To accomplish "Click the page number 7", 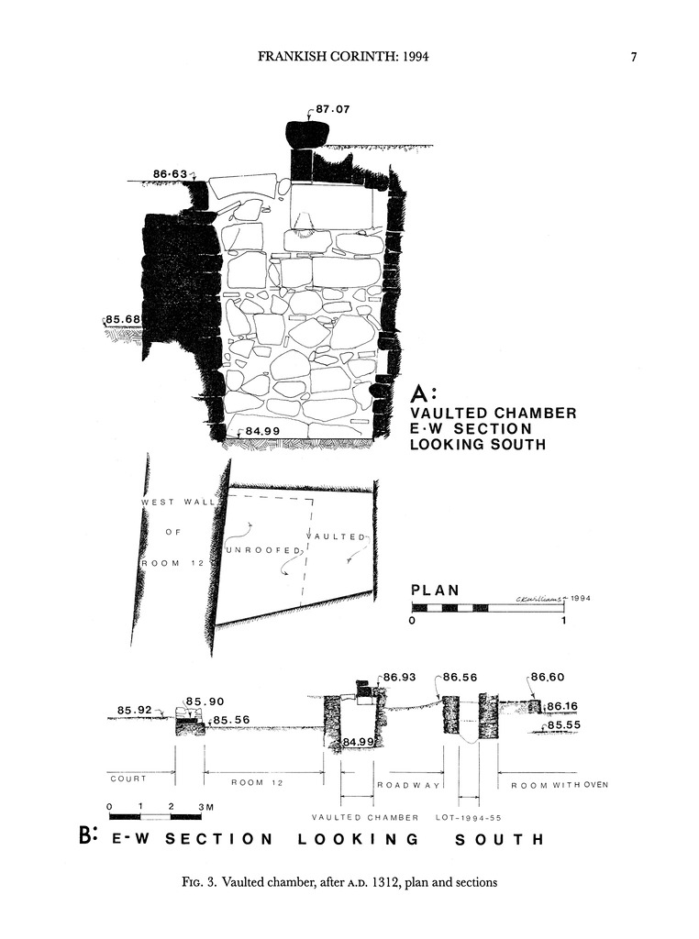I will (633, 57).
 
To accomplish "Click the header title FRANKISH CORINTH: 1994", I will (344, 57).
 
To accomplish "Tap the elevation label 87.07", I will (332, 109).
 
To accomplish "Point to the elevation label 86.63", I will (171, 173).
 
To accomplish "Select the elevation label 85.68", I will (123, 319).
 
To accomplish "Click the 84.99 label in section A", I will (262, 430).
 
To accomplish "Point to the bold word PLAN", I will (435, 591).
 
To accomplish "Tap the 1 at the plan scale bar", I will (563, 621).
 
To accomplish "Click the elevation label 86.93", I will (401, 678).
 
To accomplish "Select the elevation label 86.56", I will (462, 678).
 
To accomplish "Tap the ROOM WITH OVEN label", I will (560, 785).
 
